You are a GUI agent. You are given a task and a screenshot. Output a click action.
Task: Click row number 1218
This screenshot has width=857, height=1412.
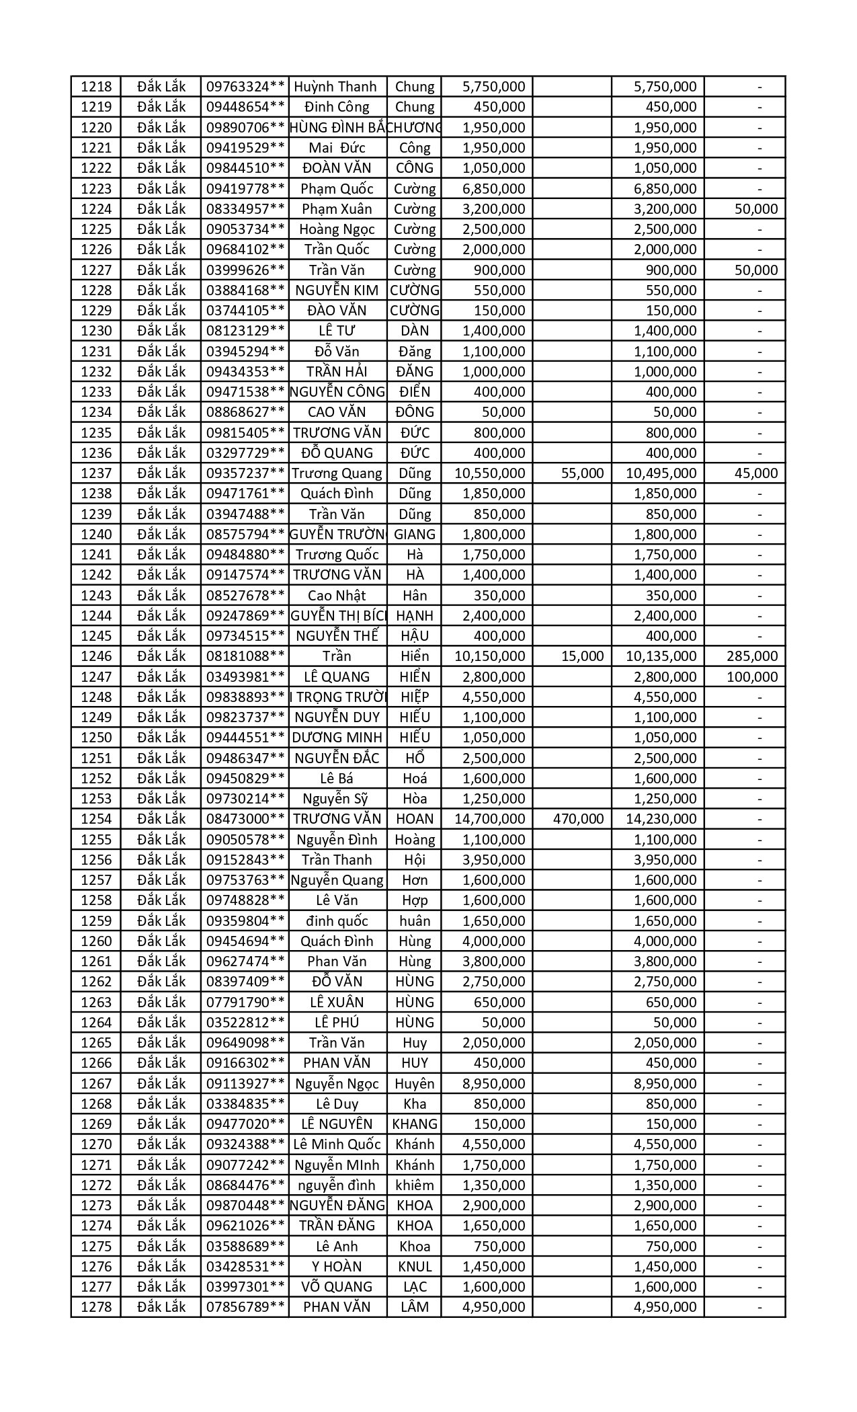tap(95, 87)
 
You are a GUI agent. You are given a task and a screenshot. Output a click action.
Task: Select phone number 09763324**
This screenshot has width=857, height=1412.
tap(245, 87)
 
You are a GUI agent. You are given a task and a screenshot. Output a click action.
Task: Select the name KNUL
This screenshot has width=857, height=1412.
tap(415, 1266)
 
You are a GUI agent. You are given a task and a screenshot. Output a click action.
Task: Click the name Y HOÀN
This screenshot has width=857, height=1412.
tap(337, 1266)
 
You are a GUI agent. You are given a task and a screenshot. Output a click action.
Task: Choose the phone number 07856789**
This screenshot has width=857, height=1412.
tap(245, 1307)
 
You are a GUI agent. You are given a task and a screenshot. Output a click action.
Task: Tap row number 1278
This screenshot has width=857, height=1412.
tap(95, 1307)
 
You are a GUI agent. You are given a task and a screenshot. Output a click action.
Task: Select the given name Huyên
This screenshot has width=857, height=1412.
tap(415, 1083)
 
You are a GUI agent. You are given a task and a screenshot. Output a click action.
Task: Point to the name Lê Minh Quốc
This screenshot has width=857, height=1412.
tap(337, 1144)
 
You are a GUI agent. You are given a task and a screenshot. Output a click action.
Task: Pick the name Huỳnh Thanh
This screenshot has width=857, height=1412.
tap(337, 87)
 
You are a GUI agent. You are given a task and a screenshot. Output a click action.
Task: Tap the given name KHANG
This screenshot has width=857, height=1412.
tap(415, 1124)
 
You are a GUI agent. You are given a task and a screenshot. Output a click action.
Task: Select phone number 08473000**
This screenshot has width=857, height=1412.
tap(245, 819)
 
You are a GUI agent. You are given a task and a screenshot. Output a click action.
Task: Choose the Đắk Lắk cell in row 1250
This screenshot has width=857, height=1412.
tap(161, 738)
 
